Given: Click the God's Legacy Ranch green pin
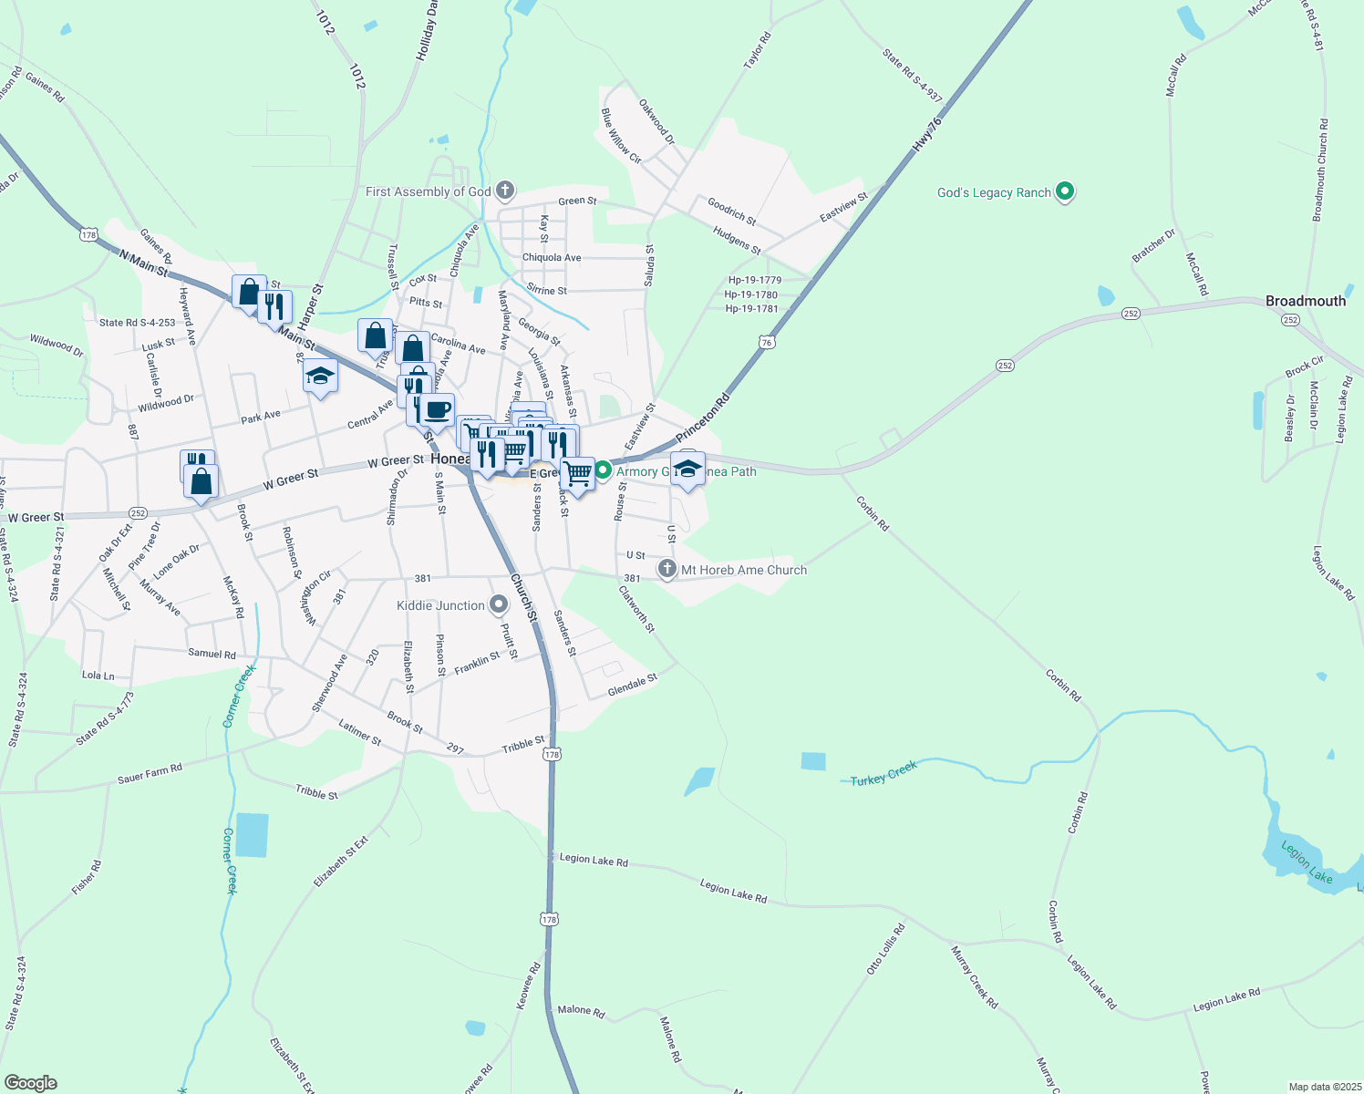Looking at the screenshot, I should point(1064,192).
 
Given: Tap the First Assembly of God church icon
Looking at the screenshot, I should point(505,191).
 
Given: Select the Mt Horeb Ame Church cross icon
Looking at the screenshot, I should point(668,570).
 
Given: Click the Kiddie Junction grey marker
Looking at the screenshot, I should point(499,605).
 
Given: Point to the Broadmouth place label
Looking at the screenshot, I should point(1305,301).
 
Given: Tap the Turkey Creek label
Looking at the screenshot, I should point(883,775).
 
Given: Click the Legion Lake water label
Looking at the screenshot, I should point(1307,862).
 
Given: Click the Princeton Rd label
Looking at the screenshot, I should point(703,418).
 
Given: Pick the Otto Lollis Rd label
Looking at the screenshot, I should point(885,950).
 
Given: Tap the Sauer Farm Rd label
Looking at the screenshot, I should point(150,774).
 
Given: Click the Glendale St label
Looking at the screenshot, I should point(632,686).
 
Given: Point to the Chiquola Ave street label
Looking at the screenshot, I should point(551,258).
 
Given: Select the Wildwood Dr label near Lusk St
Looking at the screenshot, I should point(57,344).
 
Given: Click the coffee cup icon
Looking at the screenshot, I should point(438,409).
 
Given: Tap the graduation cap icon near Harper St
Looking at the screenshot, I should point(320,376).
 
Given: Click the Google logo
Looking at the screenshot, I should point(30,1083).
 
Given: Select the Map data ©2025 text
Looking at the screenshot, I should point(1324,1087).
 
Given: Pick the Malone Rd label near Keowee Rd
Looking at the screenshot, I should point(581,1010).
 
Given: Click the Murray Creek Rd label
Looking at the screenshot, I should point(974,977).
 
